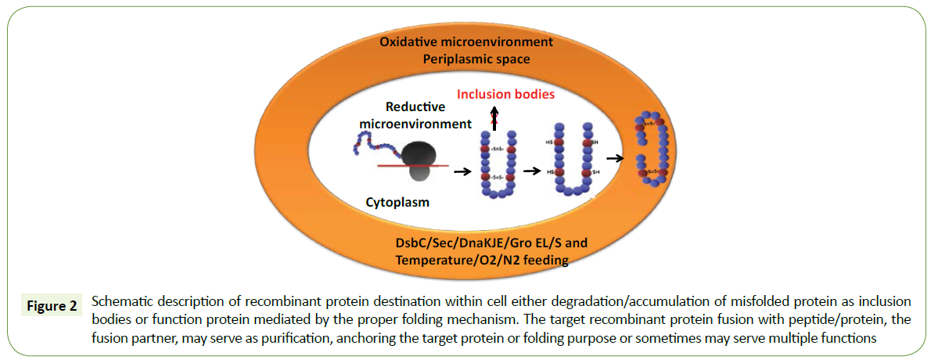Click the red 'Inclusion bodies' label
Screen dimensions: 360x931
coord(505,94)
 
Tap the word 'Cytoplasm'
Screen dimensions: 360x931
coord(398,203)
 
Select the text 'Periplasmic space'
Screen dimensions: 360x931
coord(467,58)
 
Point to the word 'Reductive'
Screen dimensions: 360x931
coord(415,106)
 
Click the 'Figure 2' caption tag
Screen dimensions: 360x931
coord(48,306)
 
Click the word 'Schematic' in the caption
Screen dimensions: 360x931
coord(119,301)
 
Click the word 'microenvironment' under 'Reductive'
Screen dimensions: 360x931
coord(415,123)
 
